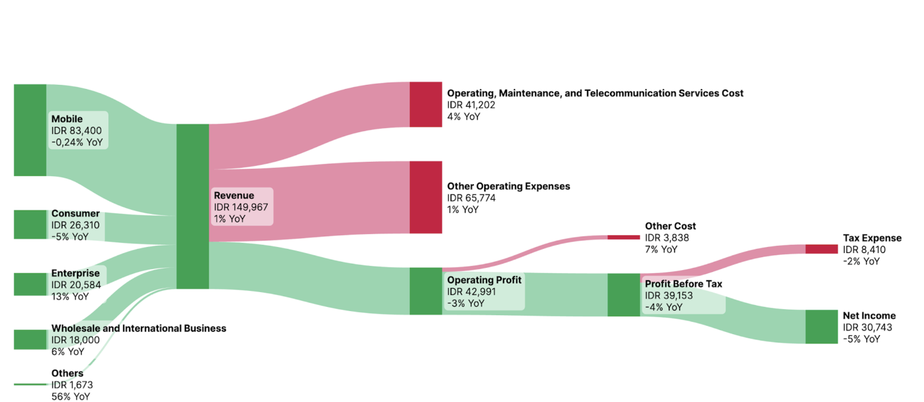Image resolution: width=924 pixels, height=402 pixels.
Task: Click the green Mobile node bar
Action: (x=30, y=130)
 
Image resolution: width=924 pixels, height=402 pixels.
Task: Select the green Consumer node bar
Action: (x=30, y=224)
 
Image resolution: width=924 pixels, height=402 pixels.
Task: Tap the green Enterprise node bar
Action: (x=30, y=284)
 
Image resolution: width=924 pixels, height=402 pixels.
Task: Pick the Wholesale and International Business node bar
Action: (x=30, y=339)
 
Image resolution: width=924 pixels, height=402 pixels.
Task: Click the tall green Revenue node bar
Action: (x=192, y=206)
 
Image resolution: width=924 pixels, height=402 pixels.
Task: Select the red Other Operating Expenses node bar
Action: (x=426, y=197)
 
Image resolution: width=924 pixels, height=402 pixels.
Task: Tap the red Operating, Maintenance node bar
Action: (x=426, y=104)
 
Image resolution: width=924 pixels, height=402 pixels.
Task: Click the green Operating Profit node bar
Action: (x=426, y=291)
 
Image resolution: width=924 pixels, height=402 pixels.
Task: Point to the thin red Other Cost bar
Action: (x=623, y=237)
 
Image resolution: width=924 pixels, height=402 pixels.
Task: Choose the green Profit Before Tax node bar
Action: (x=623, y=295)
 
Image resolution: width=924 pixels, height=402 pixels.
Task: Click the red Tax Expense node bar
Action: (x=822, y=249)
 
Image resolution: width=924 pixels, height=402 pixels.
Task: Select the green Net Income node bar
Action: (x=822, y=327)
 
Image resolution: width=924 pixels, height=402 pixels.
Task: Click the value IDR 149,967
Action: (x=241, y=207)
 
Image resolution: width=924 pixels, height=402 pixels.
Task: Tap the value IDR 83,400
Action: (x=77, y=131)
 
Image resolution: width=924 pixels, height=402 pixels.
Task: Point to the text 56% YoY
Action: (x=70, y=396)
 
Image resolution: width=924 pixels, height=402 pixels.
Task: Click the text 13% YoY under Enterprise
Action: (x=70, y=297)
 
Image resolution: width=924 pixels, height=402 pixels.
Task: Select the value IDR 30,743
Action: (x=867, y=327)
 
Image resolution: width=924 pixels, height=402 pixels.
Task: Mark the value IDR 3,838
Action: (x=667, y=238)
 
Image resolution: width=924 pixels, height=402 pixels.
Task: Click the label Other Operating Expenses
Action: (x=508, y=186)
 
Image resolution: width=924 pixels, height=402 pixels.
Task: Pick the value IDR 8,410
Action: (x=864, y=249)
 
